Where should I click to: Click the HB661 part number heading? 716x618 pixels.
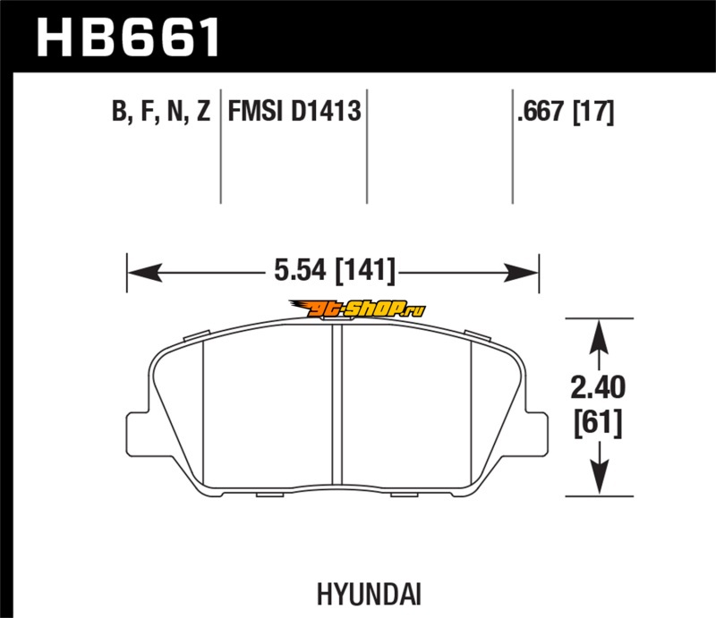pyautogui.click(x=128, y=38)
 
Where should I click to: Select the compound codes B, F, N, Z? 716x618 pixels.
pyautogui.click(x=161, y=111)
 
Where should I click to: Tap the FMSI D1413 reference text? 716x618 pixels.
pyautogui.click(x=294, y=111)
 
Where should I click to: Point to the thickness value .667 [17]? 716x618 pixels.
pyautogui.click(x=566, y=112)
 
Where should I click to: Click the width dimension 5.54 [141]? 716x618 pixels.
pyautogui.click(x=334, y=271)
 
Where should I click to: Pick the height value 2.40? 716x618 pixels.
pyautogui.click(x=598, y=387)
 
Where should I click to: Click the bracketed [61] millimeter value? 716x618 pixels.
pyautogui.click(x=598, y=423)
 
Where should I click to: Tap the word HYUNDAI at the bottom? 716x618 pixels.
pyautogui.click(x=369, y=594)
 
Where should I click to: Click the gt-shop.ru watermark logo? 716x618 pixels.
pyautogui.click(x=357, y=309)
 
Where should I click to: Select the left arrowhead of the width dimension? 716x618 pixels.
pyautogui.click(x=144, y=273)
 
